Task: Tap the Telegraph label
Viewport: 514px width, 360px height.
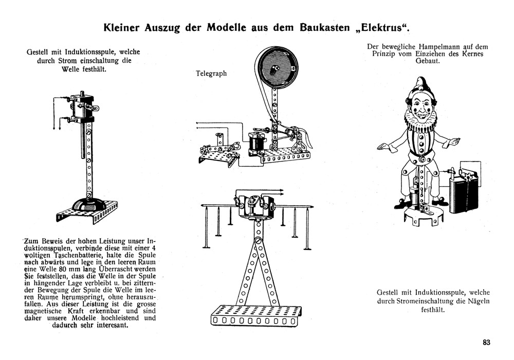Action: tap(211, 74)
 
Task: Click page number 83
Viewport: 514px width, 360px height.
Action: tap(487, 343)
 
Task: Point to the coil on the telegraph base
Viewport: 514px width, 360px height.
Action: tap(255, 142)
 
